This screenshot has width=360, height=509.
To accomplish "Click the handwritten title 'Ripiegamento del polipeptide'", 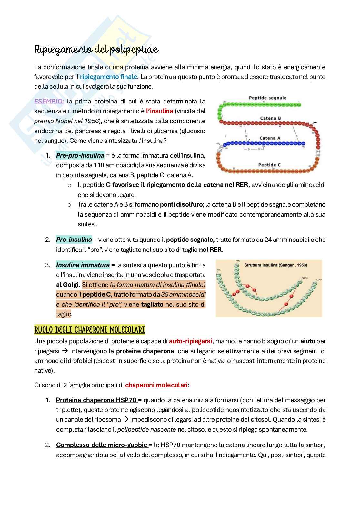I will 96,50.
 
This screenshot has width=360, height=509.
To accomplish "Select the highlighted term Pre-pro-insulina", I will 80,156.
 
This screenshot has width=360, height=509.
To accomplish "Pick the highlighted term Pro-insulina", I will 74,240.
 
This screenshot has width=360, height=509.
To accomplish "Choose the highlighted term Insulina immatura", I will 83,265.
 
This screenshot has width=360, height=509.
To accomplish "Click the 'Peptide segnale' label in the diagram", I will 267,98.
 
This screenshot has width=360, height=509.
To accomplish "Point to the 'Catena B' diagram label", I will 270,118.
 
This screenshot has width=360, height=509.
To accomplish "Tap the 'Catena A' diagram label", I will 270,138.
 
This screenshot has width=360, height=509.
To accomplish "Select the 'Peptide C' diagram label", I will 269,165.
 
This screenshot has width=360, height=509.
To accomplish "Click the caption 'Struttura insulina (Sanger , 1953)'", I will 275,265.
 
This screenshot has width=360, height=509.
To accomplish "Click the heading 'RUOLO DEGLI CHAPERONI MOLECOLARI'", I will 89,330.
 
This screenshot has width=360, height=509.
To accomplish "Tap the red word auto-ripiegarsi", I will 190,341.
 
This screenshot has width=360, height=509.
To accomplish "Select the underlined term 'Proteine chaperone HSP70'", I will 96,400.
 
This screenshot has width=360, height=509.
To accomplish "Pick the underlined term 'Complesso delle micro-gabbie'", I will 101,445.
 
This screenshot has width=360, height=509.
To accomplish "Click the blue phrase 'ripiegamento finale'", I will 108,77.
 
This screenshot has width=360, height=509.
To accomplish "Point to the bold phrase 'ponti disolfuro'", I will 181,204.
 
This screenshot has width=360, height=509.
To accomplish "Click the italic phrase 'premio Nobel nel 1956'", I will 66,121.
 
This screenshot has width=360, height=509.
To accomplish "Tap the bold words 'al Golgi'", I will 67,285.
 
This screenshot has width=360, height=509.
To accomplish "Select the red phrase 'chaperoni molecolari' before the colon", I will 156,385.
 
